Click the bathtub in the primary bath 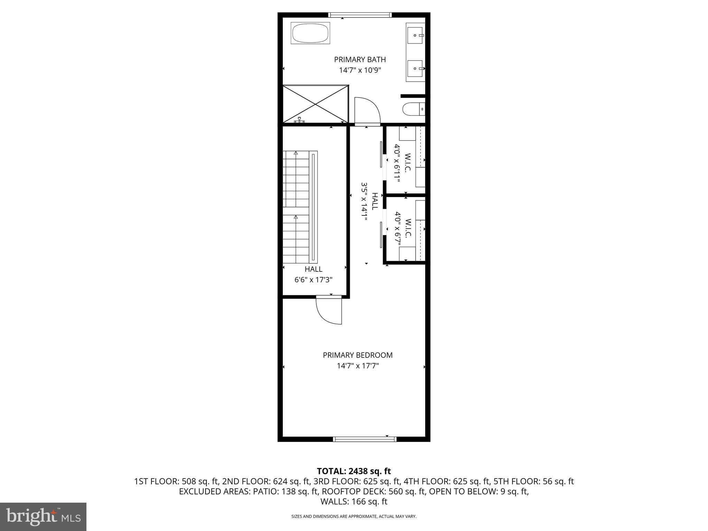click(x=310, y=33)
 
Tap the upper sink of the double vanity click(x=415, y=35)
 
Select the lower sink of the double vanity click(x=415, y=69)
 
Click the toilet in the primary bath click(x=412, y=109)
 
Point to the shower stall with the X click(x=315, y=104)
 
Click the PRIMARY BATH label click(x=360, y=59)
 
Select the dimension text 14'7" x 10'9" click(x=360, y=71)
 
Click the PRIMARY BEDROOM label click(x=357, y=355)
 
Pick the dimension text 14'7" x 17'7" click(x=357, y=366)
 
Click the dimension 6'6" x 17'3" click(x=313, y=280)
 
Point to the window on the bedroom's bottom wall click(x=364, y=439)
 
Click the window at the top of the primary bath click(x=360, y=15)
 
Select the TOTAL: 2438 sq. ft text click(x=354, y=471)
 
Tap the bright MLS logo click(x=43, y=516)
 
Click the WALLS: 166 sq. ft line click(x=354, y=501)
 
